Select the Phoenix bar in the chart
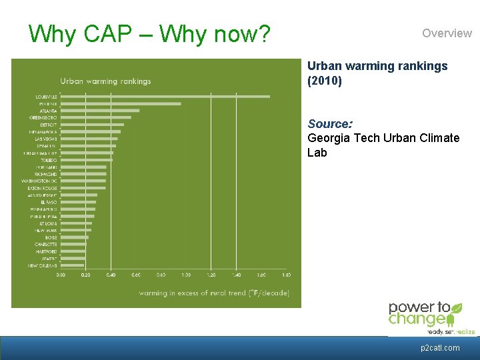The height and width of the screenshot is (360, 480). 121,104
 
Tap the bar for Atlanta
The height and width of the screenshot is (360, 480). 100,111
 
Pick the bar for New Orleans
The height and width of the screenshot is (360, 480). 73,265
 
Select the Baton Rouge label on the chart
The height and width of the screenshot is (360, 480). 43,188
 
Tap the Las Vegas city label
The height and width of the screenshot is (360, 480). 46,139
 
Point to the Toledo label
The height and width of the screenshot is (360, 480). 49,160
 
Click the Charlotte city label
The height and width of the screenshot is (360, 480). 46,245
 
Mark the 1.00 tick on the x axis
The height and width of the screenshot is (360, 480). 186,275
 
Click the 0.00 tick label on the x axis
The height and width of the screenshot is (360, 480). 61,275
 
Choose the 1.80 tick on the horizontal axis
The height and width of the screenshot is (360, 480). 287,275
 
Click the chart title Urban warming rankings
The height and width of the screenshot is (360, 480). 105,81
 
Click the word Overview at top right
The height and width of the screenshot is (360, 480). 447,33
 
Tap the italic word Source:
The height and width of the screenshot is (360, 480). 330,124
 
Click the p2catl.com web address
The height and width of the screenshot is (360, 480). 440,348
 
